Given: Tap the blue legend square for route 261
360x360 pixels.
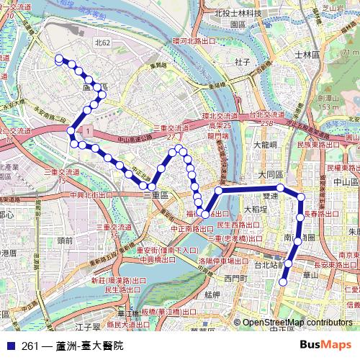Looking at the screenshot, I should pos(10,346).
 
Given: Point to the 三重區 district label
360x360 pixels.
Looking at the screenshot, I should pos(156,195).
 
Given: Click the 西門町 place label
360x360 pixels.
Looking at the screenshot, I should pos(235,277).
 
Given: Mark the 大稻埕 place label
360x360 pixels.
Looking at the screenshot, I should pos(257,210).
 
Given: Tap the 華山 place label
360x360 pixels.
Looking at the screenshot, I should pos(310,274).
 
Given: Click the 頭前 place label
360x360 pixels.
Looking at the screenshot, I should pos(64,240).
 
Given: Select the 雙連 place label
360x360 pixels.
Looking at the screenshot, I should pos(270,195).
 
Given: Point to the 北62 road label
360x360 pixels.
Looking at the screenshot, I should pos(102,43).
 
